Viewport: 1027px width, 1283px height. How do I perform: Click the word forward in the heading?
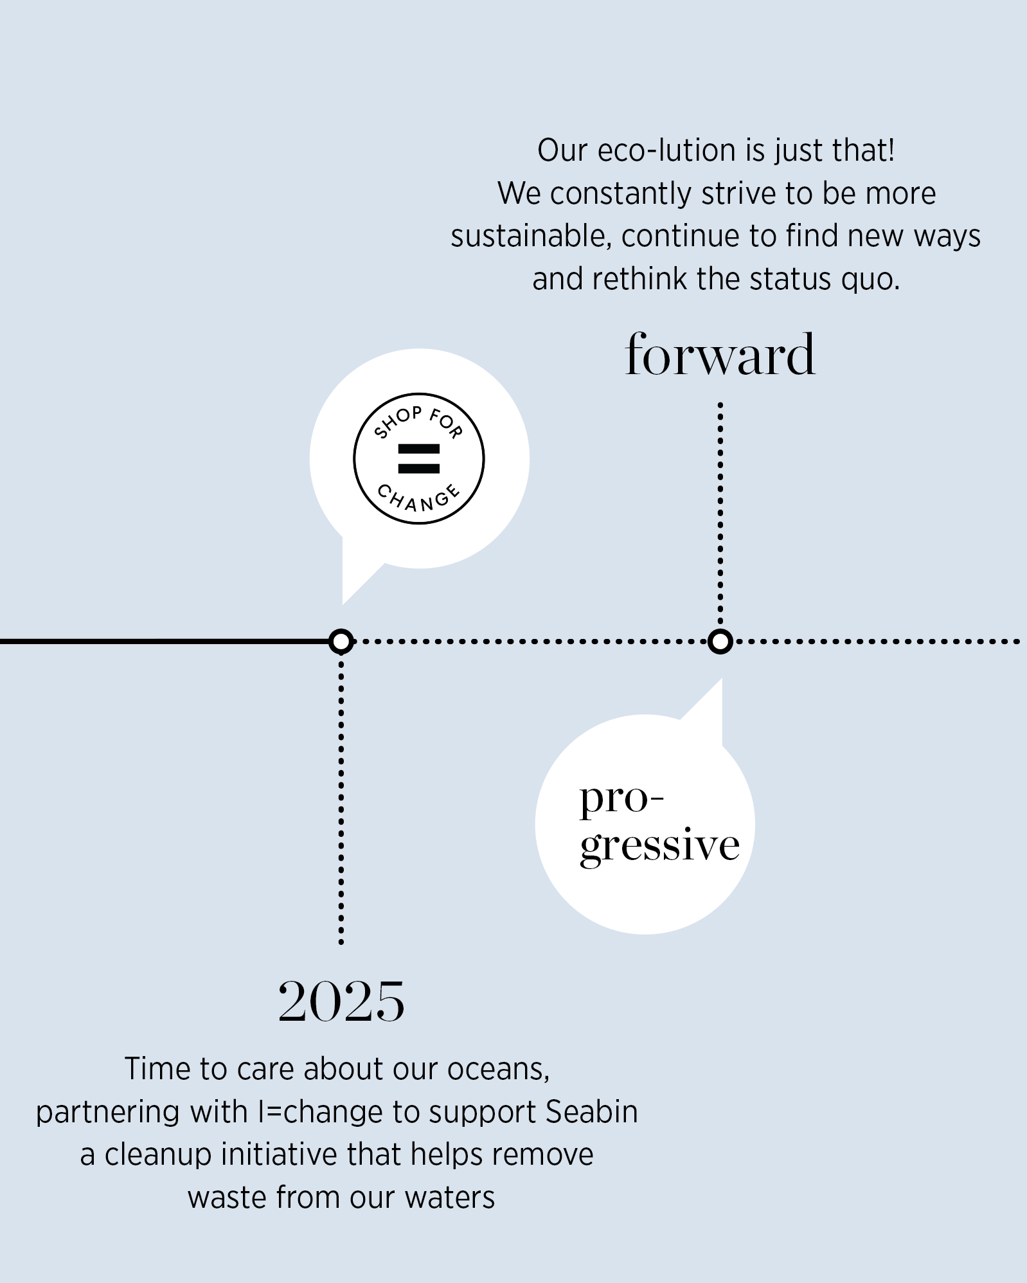[720, 355]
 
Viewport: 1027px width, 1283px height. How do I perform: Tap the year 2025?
[341, 1001]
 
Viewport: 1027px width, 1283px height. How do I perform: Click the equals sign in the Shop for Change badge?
[419, 458]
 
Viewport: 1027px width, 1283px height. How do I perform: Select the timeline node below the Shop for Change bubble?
[341, 641]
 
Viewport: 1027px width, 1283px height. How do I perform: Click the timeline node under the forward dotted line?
[720, 641]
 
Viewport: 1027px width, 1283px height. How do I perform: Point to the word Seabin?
[591, 1111]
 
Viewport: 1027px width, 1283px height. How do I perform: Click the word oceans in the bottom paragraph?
[497, 1069]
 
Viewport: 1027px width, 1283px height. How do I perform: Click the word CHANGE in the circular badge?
[418, 498]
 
